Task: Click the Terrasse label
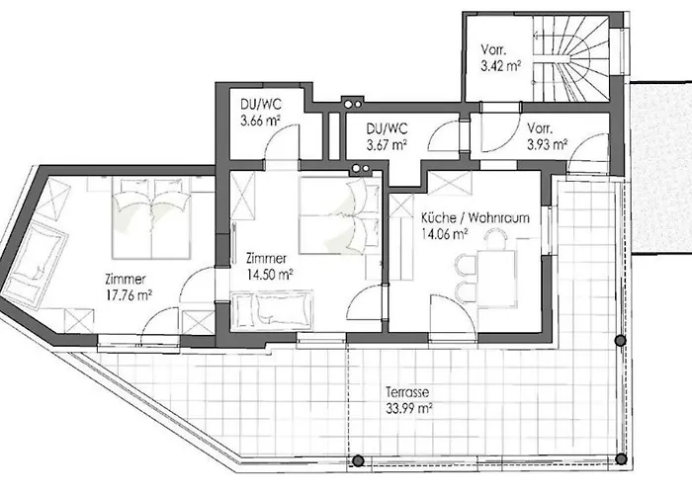(x=407, y=392)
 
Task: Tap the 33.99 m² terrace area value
(x=409, y=408)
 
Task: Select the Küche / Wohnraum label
(x=475, y=218)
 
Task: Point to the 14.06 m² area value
(x=445, y=234)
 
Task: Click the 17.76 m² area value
(x=130, y=294)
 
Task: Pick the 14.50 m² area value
(x=270, y=275)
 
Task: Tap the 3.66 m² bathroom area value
(x=260, y=121)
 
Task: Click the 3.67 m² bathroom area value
(x=387, y=144)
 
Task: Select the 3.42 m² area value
(x=501, y=66)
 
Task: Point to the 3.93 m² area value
(x=548, y=144)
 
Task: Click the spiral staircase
(x=571, y=57)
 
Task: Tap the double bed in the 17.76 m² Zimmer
(x=151, y=217)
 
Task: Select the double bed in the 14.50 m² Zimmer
(x=339, y=214)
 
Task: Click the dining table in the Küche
(x=496, y=279)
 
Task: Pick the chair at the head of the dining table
(x=495, y=240)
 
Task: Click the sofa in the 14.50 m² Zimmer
(x=272, y=310)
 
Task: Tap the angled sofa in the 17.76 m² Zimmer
(x=35, y=264)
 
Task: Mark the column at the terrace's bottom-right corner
(x=621, y=459)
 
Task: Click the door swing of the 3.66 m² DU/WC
(x=281, y=140)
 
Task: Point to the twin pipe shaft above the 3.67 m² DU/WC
(x=352, y=104)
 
